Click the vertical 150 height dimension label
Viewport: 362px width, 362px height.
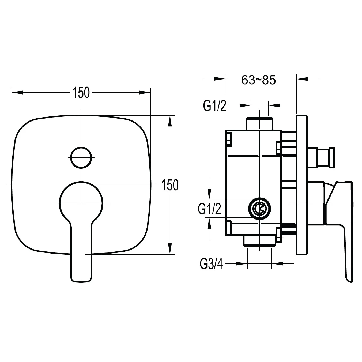170,185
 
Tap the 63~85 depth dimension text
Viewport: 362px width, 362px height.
258,80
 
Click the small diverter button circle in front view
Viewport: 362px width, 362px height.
81,157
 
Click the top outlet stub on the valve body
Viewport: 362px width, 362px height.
259,124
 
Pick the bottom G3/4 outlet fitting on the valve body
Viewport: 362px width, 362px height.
259,240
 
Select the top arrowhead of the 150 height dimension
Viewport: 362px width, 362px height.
169,121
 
